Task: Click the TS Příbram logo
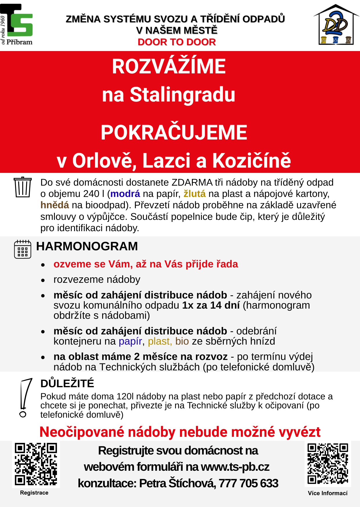click(x=17, y=25)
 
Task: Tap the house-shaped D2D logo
click(x=336, y=25)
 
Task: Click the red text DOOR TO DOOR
click(x=177, y=42)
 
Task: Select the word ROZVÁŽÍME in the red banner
click(x=169, y=66)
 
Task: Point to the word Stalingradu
click(x=182, y=95)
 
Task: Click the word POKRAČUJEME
click(x=174, y=133)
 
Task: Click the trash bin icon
click(x=22, y=187)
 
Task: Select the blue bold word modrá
click(x=125, y=193)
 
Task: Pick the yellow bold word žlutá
click(x=195, y=193)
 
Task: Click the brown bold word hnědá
click(x=55, y=205)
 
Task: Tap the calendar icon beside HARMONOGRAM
click(x=22, y=249)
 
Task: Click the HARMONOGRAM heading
click(x=87, y=246)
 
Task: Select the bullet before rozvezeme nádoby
click(x=43, y=280)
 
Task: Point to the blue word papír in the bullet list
click(x=130, y=341)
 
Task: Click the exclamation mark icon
click(x=25, y=398)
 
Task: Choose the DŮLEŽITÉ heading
click(x=67, y=383)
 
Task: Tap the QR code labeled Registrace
click(x=36, y=464)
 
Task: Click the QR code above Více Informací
click(x=327, y=463)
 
